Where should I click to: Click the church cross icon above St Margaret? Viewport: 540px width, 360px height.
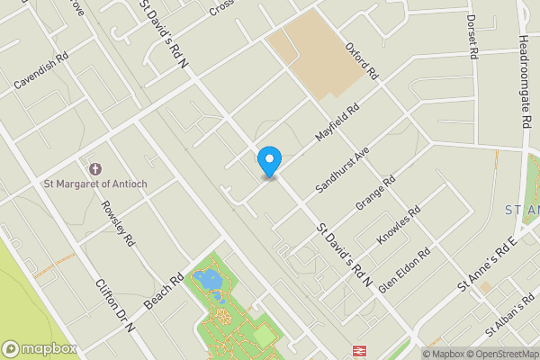pos(95,168)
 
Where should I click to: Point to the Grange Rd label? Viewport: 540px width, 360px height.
pos(375,193)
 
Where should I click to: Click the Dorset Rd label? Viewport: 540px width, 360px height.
pos(471,36)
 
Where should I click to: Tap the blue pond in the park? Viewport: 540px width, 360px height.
pos(209,280)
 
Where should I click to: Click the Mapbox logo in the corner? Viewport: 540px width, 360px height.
pos(38,348)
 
